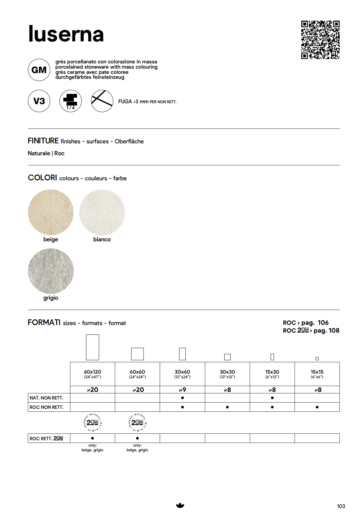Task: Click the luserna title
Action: click(66, 34)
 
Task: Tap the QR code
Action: click(320, 40)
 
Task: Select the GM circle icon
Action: click(39, 70)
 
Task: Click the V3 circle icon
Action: click(39, 101)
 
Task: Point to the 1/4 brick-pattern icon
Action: click(71, 101)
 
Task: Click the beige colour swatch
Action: click(51, 212)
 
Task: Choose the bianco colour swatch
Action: click(102, 212)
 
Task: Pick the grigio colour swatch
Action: click(51, 271)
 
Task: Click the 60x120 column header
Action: click(92, 374)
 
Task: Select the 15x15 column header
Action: click(317, 374)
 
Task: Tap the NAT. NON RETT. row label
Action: click(46, 398)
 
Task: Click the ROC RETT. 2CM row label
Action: click(46, 438)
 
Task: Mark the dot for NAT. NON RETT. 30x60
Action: click(182, 398)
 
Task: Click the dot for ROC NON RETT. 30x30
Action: click(227, 407)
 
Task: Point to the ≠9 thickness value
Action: click(182, 390)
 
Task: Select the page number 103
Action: click(341, 506)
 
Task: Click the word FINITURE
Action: click(43, 141)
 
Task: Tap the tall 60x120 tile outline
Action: click(93, 347)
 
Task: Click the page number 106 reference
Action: click(323, 323)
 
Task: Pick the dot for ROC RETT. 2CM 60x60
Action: click(137, 438)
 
